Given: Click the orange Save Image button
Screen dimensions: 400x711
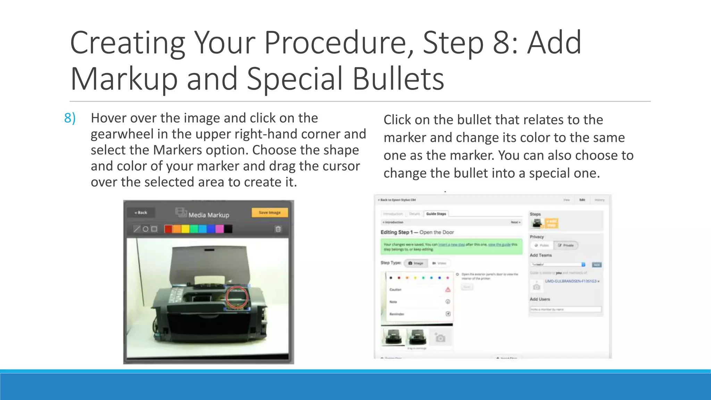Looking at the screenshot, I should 269,212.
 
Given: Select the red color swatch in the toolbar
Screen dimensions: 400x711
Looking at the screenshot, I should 168,229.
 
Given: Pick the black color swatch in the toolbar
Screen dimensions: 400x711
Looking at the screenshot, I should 228,229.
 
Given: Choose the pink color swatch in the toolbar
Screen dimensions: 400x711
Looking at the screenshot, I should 219,229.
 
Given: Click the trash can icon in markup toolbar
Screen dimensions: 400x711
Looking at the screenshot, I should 278,229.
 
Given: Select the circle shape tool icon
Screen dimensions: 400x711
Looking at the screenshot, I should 146,229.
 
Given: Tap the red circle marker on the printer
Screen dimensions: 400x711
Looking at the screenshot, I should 237,297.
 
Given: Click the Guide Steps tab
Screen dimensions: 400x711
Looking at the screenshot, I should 436,214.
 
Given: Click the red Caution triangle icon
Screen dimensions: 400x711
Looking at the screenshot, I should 448,290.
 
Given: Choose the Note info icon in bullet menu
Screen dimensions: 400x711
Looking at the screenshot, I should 448,302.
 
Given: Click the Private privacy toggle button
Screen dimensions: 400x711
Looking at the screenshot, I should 566,245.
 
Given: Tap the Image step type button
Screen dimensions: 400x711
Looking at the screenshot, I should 416,263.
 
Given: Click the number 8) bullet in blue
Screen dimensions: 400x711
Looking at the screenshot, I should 70,118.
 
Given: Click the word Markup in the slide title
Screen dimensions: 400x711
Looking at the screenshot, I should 124,79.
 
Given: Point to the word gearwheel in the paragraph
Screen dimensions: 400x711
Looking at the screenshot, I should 122,134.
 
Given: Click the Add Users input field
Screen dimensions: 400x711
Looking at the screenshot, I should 566,309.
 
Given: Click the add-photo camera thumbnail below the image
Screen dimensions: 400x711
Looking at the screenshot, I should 440,337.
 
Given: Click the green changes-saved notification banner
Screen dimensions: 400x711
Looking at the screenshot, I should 451,247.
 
